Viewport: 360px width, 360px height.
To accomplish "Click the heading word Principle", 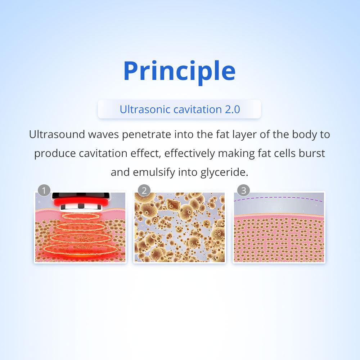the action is tap(179, 71).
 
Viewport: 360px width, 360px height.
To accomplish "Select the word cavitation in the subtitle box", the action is tap(197, 109).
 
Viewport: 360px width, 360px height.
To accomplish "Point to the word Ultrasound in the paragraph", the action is tap(57, 134).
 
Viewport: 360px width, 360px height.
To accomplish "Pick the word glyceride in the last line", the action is tap(224, 172).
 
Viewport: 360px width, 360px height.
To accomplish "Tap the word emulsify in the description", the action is tap(154, 172).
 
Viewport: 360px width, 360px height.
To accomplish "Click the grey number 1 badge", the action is tap(44, 190).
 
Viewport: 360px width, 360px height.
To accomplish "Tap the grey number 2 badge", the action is tap(144, 190).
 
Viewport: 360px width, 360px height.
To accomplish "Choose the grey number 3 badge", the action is tap(243, 190).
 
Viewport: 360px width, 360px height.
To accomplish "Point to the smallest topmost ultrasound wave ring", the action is tap(81, 216).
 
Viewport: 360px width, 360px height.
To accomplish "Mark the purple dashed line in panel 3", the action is tap(278, 197).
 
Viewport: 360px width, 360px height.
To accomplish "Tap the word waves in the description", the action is tap(103, 135).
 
